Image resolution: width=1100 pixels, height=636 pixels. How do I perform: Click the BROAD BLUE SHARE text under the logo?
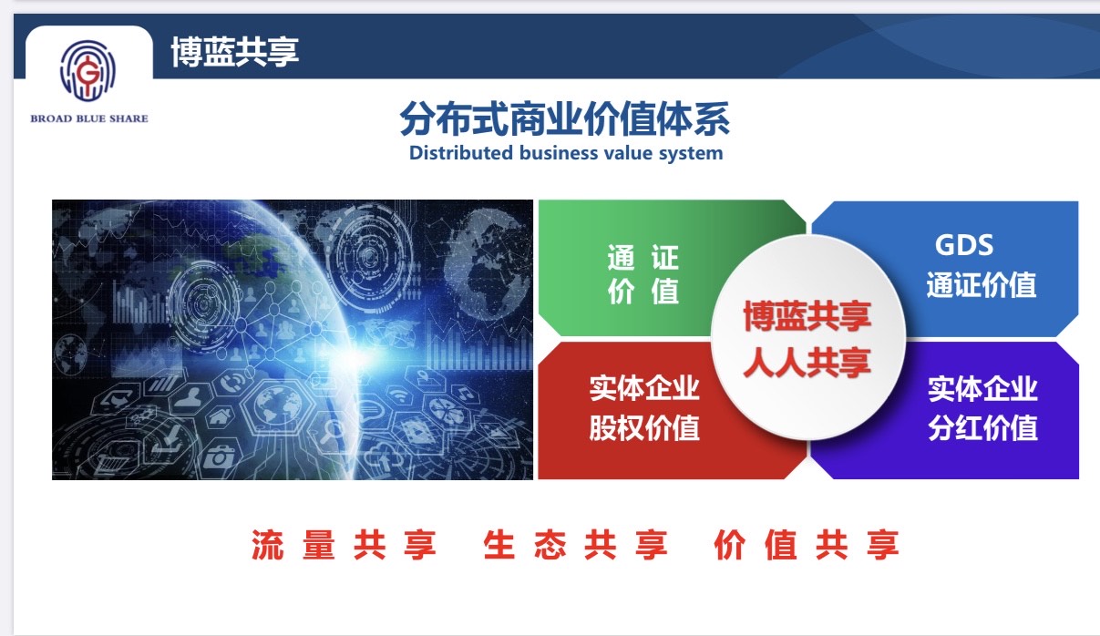tap(88, 118)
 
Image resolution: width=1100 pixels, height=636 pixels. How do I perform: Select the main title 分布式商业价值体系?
tap(565, 120)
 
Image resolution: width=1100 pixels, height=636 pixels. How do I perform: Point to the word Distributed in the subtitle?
tap(461, 153)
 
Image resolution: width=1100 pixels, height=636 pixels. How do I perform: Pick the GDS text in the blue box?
tap(963, 244)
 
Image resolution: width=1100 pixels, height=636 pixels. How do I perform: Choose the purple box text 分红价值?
tap(982, 426)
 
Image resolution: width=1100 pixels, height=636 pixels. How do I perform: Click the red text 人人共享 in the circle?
tap(807, 363)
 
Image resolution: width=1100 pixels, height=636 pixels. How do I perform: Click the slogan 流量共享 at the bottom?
tap(344, 546)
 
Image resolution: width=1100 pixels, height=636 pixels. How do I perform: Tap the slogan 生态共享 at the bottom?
tap(576, 546)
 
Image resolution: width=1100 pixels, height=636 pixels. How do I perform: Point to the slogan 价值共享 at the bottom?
tap(807, 546)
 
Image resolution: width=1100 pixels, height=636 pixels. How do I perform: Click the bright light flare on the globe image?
tap(351, 354)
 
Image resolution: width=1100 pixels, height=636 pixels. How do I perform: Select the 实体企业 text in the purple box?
tap(982, 389)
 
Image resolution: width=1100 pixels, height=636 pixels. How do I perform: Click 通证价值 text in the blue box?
tap(982, 285)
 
